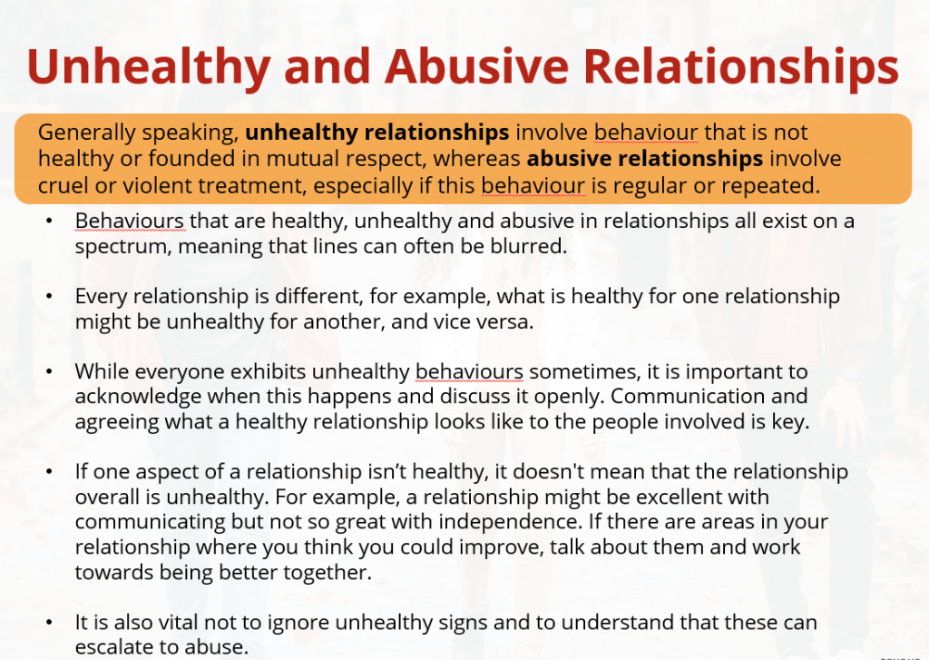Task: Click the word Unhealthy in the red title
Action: click(149, 67)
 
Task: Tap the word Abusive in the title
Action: click(477, 66)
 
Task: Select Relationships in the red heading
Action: click(741, 67)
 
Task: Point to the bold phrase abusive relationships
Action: click(645, 159)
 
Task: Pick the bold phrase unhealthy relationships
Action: click(376, 133)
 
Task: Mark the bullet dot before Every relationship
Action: click(49, 296)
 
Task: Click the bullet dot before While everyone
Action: click(49, 371)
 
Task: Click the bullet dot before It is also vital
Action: click(49, 622)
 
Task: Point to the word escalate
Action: click(113, 647)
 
